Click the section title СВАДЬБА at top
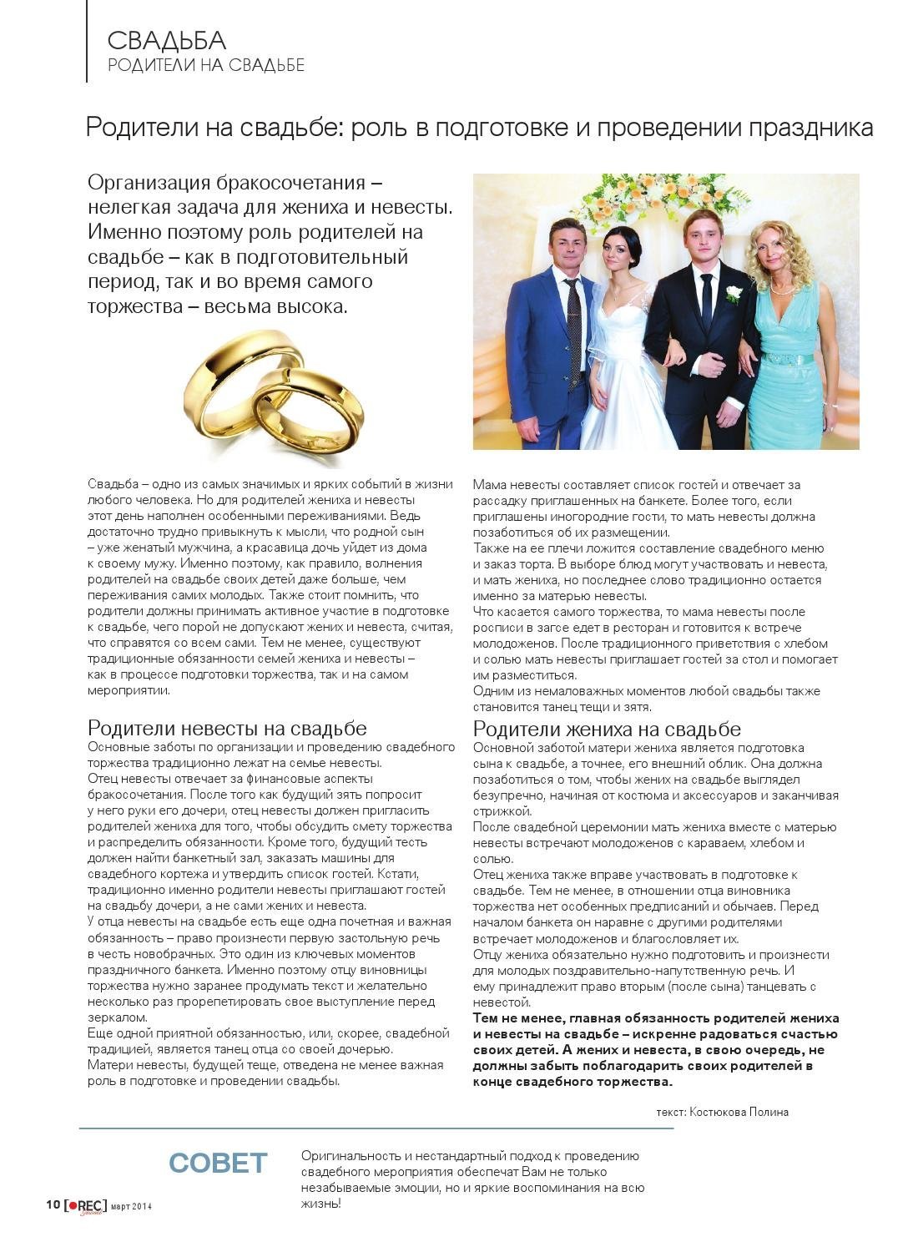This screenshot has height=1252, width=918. point(167,40)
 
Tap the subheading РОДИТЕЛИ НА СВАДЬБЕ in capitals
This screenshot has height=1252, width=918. point(206,65)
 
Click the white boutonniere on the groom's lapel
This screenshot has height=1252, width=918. point(734,294)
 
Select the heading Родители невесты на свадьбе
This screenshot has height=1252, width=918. point(227,729)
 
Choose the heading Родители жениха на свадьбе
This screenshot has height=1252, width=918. point(607,729)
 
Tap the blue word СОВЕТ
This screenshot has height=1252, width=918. point(218,1163)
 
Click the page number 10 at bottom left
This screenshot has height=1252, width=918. point(52,1204)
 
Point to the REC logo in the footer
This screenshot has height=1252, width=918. point(86,1205)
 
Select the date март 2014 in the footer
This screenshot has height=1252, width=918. point(131,1206)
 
